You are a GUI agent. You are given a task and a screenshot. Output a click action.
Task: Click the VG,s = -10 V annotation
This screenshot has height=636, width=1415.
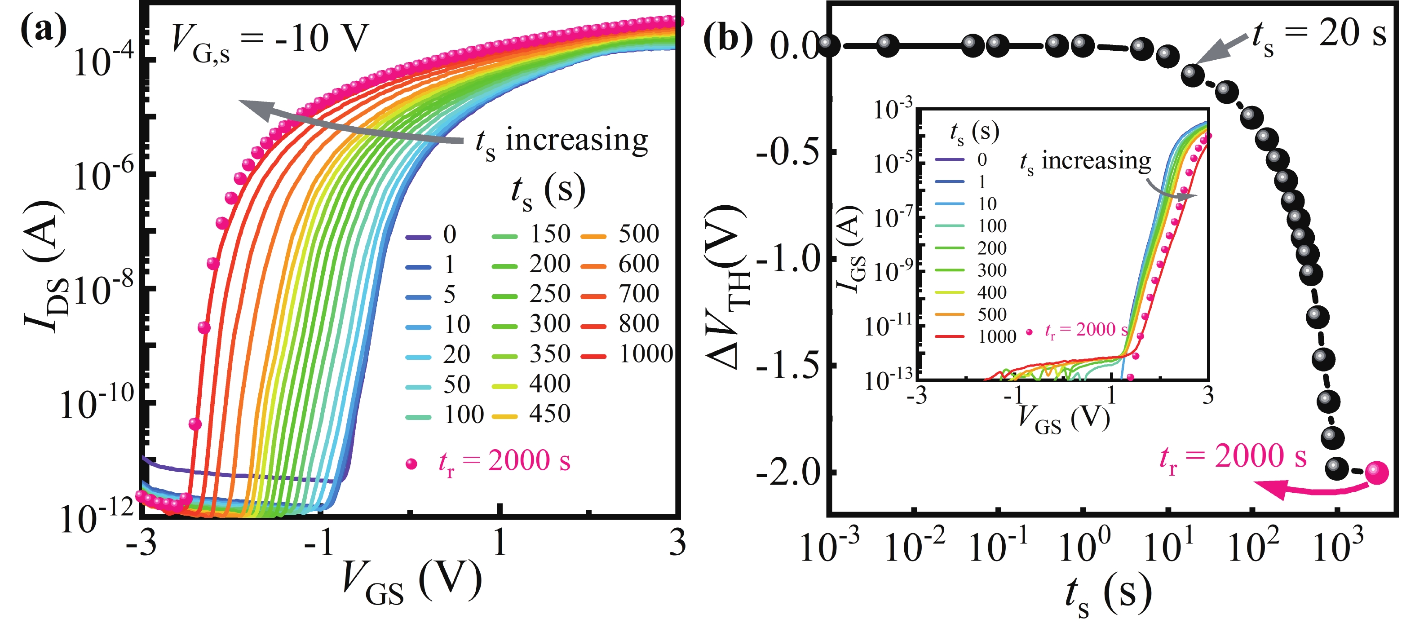click(270, 41)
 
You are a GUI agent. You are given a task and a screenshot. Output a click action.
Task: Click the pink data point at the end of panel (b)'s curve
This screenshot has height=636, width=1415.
click(1376, 473)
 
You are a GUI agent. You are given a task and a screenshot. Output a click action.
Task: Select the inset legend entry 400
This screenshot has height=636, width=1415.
click(991, 292)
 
